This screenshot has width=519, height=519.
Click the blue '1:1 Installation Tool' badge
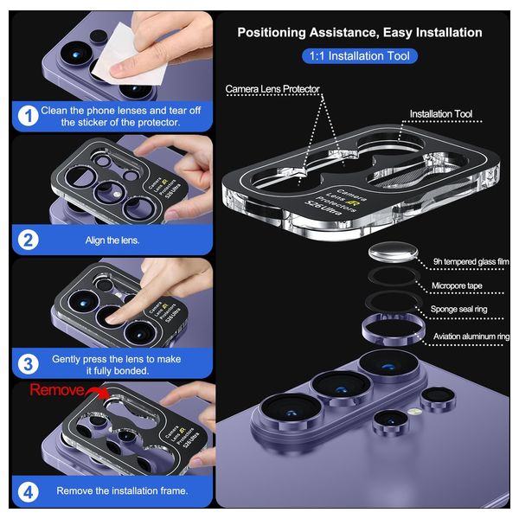[360, 56]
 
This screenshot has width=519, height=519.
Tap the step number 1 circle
[28, 116]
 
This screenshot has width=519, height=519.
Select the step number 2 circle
[28, 240]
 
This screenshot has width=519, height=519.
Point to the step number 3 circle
[28, 364]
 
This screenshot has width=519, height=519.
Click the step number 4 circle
[28, 492]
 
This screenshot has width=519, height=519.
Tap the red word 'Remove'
[56, 390]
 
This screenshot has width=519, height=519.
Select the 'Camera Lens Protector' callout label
[272, 89]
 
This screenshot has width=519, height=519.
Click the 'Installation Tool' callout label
[441, 114]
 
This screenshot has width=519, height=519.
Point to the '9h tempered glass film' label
[471, 261]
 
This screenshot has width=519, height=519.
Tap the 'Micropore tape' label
[457, 285]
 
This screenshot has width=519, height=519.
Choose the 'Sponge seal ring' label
[458, 309]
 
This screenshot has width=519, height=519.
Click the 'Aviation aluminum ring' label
[471, 336]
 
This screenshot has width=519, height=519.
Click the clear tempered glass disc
[393, 252]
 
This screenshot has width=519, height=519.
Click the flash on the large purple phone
[414, 412]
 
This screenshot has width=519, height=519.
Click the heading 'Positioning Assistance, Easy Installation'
[360, 33]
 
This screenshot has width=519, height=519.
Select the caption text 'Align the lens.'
[112, 240]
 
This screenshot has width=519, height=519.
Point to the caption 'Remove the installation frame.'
[122, 490]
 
